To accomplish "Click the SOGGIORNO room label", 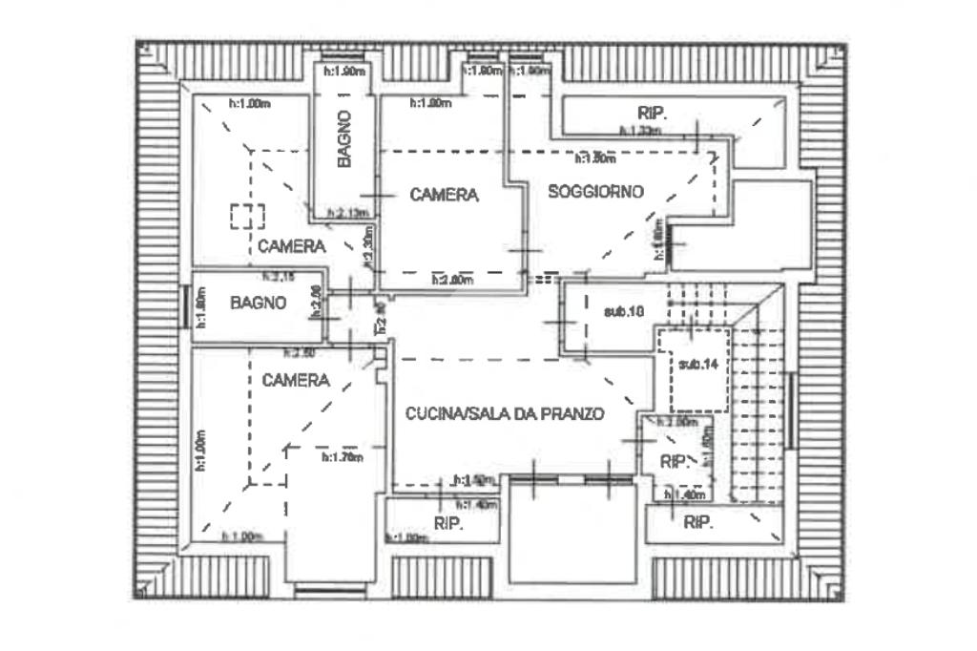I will point(595,192).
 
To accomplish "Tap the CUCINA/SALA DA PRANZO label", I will point(505,414).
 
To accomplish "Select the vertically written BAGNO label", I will point(344,138).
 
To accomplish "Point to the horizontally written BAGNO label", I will point(259,304).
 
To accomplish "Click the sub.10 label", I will point(624,311).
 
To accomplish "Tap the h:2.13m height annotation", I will point(346,213).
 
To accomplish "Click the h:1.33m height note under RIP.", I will point(639,132).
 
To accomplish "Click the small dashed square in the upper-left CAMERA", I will point(247,216).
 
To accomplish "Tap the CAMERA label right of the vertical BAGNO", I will point(444,195).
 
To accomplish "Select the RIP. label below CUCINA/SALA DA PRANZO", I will point(447,524).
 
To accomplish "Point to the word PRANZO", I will point(572,414).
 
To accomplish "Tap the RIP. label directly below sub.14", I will point(676,463).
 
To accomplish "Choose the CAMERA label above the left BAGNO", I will point(291,246).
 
